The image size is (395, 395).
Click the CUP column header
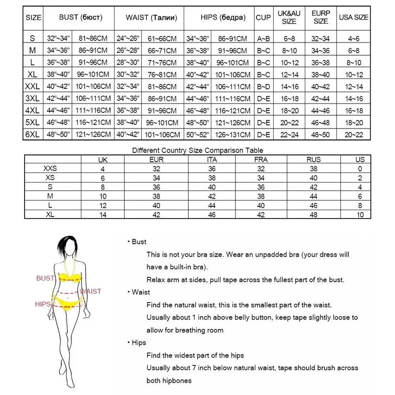point(263,17)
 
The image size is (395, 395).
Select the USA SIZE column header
point(354,17)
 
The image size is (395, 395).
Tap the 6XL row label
point(33,134)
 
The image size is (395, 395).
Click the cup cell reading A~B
point(263,38)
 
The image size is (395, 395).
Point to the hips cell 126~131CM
point(232,134)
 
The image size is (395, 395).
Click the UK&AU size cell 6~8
point(289,38)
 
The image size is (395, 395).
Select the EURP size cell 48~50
point(321,134)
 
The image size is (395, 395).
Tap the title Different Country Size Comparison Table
point(197,150)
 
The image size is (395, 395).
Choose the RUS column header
point(314,159)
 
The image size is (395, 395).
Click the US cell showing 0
point(360,169)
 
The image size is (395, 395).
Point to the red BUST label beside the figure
point(45,278)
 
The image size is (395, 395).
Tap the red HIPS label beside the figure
point(43,304)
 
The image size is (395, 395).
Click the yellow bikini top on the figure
point(70,278)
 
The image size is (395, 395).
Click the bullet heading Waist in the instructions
point(141,292)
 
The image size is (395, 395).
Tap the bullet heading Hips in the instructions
point(139,342)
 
